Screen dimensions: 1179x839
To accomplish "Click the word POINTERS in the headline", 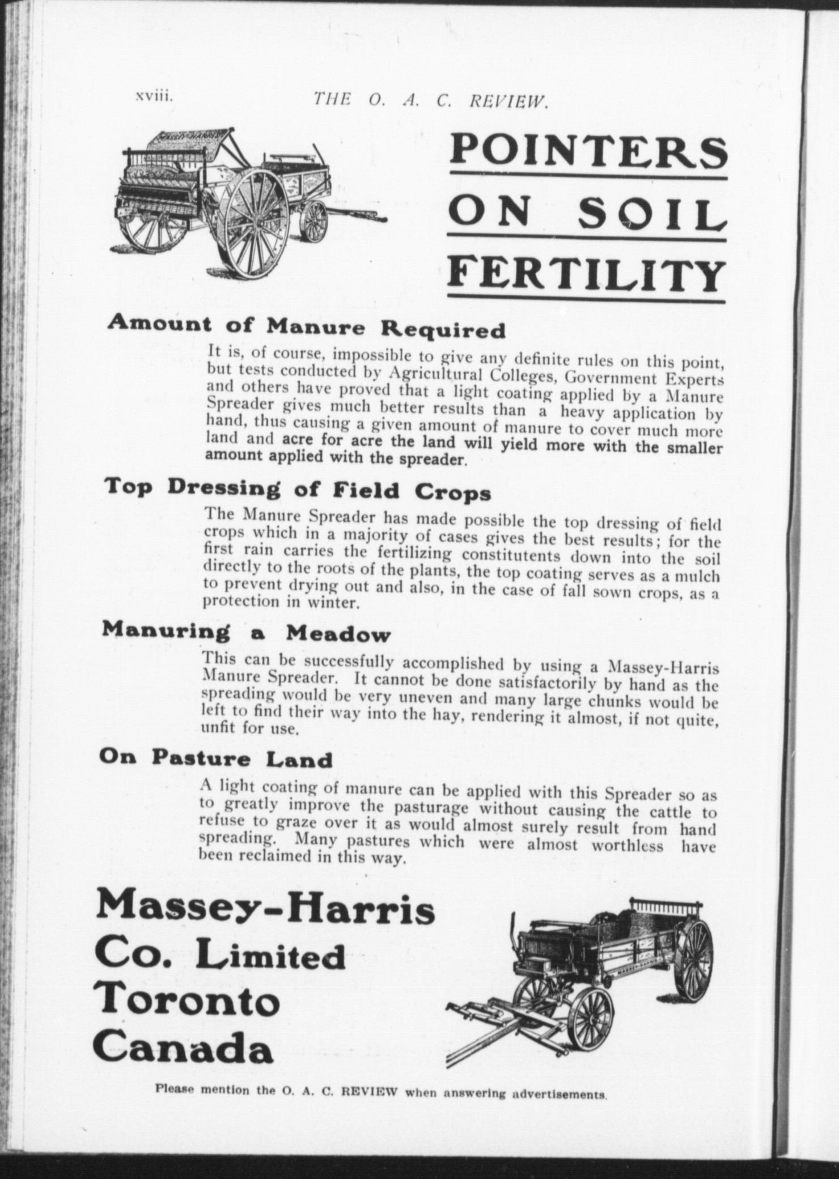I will (587, 152).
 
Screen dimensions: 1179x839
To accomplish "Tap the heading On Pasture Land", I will (215, 758).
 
